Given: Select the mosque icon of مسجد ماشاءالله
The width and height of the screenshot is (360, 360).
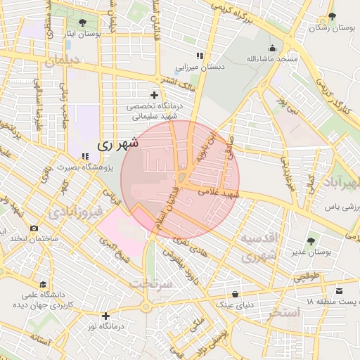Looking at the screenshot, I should (x=272, y=49).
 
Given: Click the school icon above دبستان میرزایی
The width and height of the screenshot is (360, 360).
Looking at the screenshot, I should (x=200, y=56).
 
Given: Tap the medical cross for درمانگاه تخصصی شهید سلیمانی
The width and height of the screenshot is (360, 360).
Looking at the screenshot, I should (x=154, y=95).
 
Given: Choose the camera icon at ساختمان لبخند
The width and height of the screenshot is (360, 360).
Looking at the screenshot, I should (x=34, y=228).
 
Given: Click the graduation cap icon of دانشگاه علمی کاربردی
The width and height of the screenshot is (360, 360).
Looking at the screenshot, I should (x=44, y=284).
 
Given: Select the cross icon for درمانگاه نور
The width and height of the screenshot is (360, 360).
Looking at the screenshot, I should (x=105, y=316).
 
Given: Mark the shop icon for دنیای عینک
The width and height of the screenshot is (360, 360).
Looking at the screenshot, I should (x=235, y=294).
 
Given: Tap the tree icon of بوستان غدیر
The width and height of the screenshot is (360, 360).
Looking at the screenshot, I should (x=311, y=241).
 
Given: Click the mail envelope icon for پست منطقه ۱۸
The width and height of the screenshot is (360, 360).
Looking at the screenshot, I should (x=340, y=291).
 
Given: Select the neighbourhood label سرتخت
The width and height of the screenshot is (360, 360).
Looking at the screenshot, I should (x=150, y=283).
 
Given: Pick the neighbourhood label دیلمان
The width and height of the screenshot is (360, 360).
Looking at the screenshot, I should (x=63, y=61).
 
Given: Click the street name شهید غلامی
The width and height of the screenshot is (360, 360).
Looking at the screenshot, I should (x=219, y=192).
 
